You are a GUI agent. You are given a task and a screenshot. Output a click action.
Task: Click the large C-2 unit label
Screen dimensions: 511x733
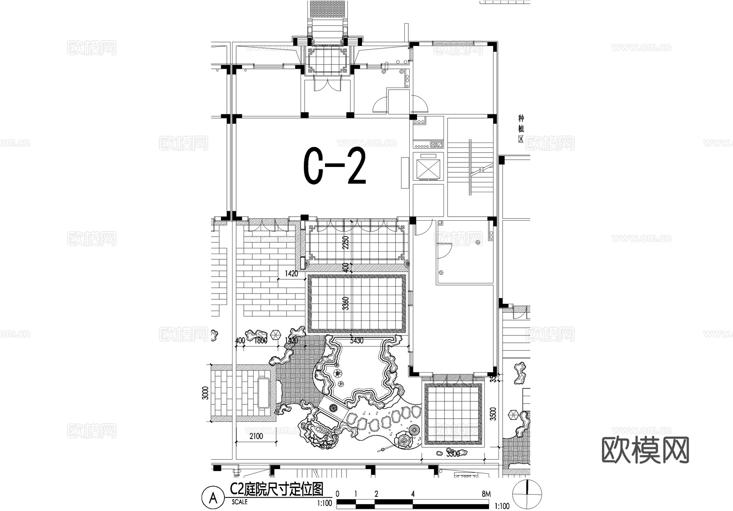pos(335,166)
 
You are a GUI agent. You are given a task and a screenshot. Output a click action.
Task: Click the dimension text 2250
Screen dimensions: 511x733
pos(346,243)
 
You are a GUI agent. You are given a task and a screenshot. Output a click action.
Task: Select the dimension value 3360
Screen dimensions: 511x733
pos(346,304)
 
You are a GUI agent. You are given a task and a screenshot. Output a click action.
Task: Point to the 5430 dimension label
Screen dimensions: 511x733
pos(357,340)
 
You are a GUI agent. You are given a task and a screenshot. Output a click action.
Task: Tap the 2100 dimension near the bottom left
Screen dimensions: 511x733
pos(256,436)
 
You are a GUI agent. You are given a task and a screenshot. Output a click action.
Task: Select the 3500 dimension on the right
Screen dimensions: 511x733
pos(493,414)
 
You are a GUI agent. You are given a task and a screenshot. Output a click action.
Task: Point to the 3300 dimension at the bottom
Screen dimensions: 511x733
pos(452,454)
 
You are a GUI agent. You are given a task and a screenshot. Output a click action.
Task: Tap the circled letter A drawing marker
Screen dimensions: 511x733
pos(213,498)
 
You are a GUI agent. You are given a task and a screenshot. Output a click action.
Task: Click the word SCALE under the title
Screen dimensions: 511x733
pos(239,502)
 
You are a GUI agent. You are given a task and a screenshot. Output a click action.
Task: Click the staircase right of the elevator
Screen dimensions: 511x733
pos(471,167)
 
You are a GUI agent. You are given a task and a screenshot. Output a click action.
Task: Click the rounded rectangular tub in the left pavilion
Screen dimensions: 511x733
pos(264,393)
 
